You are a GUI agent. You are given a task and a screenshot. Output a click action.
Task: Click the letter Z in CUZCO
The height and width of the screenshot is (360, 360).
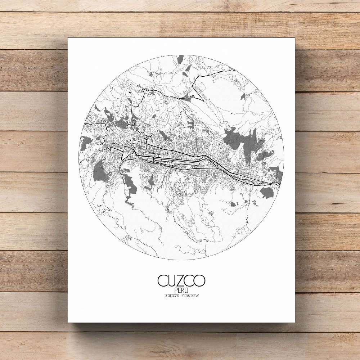181,280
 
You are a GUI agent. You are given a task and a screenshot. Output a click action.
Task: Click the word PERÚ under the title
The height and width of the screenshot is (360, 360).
181,290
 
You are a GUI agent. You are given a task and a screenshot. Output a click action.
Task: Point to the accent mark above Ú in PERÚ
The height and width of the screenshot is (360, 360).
187,287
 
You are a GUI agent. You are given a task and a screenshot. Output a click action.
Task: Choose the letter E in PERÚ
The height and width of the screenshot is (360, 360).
179,290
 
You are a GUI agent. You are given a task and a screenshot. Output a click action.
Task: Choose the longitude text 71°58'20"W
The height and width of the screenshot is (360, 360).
190,296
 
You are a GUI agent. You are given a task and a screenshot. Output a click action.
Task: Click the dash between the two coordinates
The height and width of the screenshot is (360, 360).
180,296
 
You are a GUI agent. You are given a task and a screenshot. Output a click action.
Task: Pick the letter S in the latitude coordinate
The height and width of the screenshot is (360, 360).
177,296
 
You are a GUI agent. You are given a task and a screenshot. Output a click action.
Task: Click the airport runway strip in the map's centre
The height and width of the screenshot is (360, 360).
176,161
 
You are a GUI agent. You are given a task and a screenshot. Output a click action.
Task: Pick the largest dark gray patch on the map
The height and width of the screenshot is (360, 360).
241,139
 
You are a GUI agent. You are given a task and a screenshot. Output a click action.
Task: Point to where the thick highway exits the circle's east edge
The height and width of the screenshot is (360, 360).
279,184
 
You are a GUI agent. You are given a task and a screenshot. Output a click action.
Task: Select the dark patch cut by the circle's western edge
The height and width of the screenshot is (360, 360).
85,142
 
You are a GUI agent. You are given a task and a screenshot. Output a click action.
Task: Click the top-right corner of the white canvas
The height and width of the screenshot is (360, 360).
295,39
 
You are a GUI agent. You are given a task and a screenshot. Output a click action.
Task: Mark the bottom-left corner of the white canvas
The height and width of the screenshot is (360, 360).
68,322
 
